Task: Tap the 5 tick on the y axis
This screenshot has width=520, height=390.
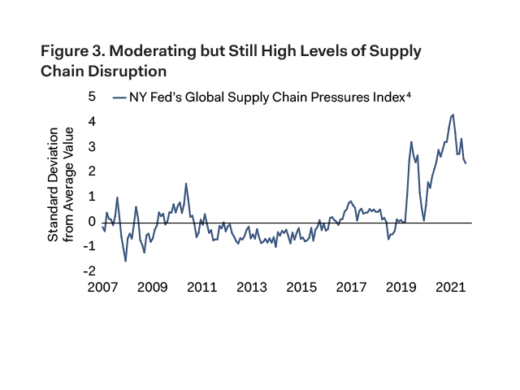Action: [92, 97]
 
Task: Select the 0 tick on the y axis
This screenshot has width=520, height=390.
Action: [92, 221]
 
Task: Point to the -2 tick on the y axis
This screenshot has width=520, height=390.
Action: [90, 271]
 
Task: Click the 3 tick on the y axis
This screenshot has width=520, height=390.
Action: [92, 146]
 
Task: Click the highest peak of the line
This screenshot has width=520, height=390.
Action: [453, 115]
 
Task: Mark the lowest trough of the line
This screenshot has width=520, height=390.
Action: [126, 261]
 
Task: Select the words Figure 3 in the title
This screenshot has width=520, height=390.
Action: [70, 51]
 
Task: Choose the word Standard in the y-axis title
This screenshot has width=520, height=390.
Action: [54, 214]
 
